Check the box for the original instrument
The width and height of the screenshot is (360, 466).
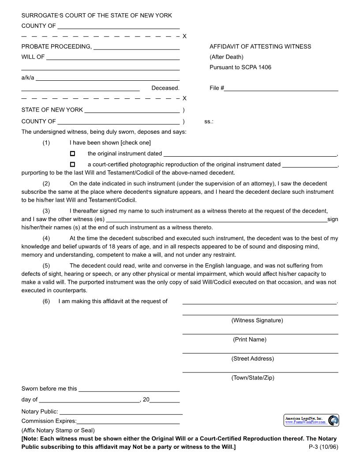(72, 154)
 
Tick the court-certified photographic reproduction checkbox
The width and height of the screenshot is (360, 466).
(72, 164)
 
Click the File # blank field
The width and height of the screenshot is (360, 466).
(281, 88)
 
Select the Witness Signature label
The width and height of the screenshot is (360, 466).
(257, 320)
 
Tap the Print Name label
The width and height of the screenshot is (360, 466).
(249, 339)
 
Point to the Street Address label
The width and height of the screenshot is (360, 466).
(252, 359)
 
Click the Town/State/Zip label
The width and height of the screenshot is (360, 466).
(252, 378)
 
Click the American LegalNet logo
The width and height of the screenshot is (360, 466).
(311, 420)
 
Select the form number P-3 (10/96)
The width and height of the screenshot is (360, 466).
(323, 447)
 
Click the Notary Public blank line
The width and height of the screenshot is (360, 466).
(121, 412)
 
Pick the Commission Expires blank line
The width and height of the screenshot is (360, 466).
(128, 421)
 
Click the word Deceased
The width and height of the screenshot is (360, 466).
(165, 88)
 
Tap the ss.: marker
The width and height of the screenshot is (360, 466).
(209, 121)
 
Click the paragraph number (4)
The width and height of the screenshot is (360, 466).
(46, 238)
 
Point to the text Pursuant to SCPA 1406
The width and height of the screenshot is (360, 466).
(240, 68)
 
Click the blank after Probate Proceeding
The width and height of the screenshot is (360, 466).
(136, 47)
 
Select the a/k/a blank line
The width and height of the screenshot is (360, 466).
(107, 79)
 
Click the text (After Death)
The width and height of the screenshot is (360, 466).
(226, 57)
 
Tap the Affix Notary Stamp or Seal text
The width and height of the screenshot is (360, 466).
(58, 430)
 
